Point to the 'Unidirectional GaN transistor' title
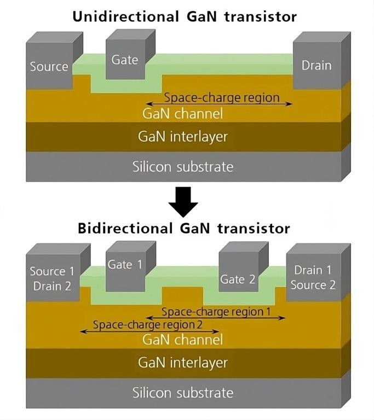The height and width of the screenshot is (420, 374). [185, 16]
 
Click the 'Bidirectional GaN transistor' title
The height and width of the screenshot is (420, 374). [184, 229]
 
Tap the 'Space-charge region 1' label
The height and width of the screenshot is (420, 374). [216, 312]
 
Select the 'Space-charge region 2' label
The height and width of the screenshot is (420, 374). [147, 325]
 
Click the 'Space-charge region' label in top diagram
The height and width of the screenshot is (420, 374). [222, 97]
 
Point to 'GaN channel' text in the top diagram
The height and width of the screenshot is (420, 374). [183, 113]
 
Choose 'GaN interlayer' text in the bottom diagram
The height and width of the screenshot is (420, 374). [183, 363]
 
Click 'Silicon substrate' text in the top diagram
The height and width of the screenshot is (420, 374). [183, 167]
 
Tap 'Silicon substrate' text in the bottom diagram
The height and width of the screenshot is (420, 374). [183, 393]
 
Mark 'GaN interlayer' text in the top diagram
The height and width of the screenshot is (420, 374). [183, 136]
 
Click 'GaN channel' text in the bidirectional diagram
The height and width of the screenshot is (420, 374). [183, 340]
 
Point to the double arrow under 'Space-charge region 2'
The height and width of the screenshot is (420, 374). [149, 331]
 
